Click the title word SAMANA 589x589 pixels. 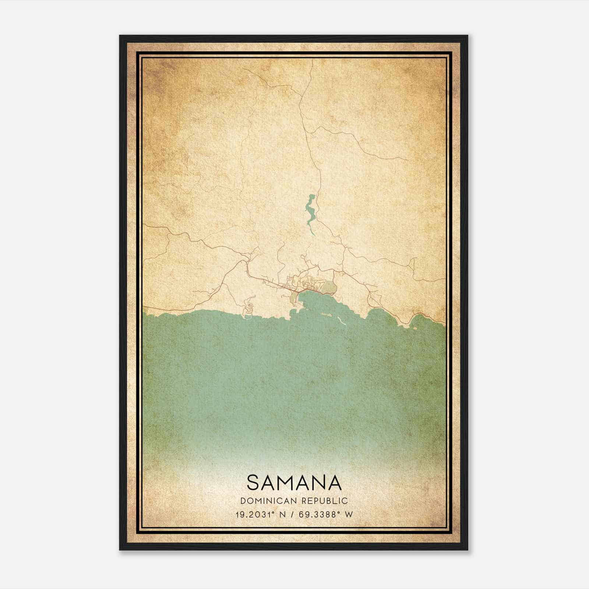click(x=294, y=483)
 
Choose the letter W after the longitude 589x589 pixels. click(x=349, y=514)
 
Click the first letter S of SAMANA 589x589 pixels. click(x=254, y=483)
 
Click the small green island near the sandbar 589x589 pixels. click(x=325, y=315)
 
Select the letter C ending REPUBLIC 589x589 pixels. click(x=345, y=501)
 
